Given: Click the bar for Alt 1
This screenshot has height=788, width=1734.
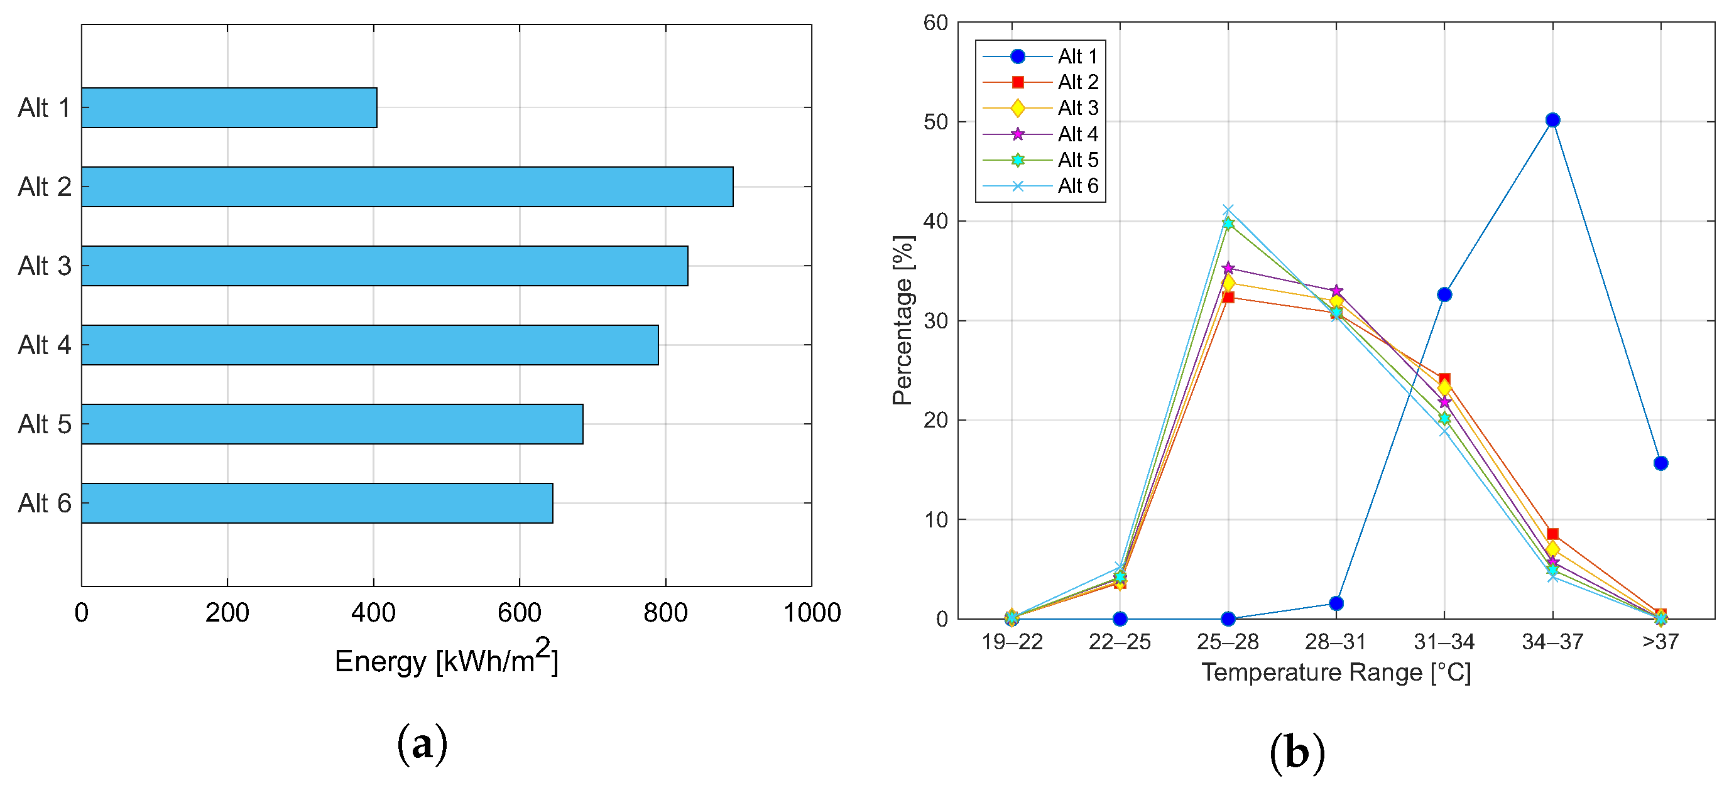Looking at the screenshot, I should tap(229, 107).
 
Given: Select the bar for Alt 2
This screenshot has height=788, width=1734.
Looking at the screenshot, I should tap(407, 187).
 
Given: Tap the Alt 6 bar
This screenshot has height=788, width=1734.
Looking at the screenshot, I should tap(317, 504).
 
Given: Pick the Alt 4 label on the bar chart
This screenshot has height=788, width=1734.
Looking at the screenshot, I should tap(45, 345).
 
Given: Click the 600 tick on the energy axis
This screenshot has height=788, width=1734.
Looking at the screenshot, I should tap(519, 613).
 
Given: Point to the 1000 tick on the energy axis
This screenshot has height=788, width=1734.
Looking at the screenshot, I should tap(812, 613).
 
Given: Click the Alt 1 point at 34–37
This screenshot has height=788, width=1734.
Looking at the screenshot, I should tap(1552, 121).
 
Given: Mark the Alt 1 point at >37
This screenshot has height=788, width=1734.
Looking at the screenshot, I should tap(1660, 463).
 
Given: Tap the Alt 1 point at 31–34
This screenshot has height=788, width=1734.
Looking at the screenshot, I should tap(1444, 294).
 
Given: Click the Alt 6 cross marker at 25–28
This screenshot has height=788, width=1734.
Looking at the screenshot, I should tap(1228, 210).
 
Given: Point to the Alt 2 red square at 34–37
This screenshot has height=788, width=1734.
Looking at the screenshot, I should tap(1552, 534).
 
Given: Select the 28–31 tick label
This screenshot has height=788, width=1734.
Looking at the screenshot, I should tap(1336, 642).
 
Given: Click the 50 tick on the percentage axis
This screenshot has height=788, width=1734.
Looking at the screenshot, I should tap(935, 122).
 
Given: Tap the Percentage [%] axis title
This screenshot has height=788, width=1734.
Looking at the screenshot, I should tap(903, 320).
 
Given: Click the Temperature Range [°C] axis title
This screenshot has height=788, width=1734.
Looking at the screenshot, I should tap(1336, 672).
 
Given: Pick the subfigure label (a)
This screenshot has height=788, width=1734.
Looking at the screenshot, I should tap(422, 744).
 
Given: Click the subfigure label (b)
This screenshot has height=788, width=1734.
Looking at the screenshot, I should tap(1297, 752).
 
